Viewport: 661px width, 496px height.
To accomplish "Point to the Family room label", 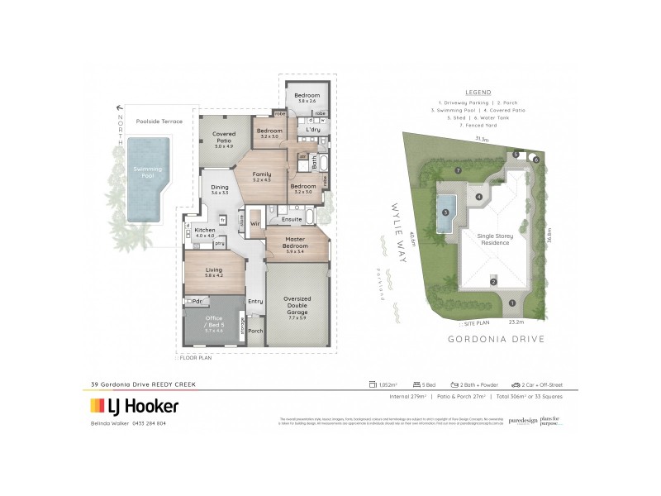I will (262, 176).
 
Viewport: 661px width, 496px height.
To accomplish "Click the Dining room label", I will (219, 189).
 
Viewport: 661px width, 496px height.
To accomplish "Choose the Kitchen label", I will (204, 231).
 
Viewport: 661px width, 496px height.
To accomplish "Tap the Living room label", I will (213, 271).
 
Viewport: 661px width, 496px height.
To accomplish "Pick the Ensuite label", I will (292, 219).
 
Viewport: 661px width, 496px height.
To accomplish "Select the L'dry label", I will (312, 130).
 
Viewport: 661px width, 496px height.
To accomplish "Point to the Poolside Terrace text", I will (159, 121).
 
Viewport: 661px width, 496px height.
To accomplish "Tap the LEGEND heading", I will (478, 92).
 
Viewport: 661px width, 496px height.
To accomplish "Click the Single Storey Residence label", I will (494, 239).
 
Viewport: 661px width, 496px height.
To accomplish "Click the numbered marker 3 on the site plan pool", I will (445, 212).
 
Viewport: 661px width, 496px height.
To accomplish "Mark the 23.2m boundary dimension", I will (517, 322).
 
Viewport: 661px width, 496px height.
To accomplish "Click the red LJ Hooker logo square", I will (96, 406).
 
